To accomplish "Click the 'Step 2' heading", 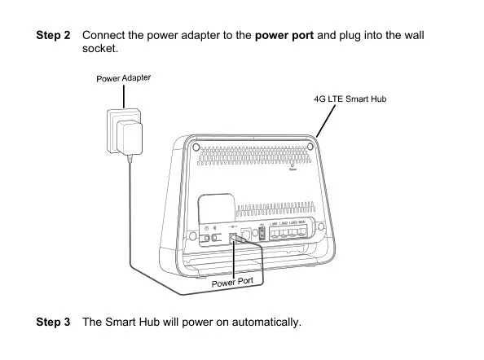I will click(54, 37).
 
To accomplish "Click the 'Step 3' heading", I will click(54, 323).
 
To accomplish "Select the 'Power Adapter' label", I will click(124, 78).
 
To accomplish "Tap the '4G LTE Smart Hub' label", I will click(350, 99).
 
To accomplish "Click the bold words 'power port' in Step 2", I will click(284, 37).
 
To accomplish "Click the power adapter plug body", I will click(129, 138).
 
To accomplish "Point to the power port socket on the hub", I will click(235, 238).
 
